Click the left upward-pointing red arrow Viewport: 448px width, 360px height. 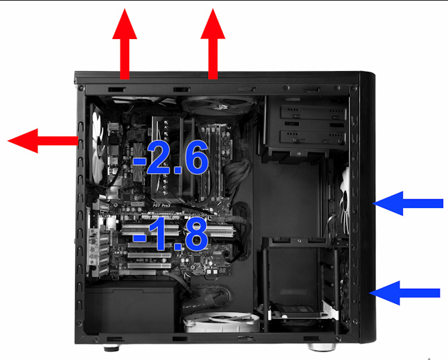click(124, 46)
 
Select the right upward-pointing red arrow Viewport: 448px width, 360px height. click(213, 46)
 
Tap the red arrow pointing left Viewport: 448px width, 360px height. click(43, 141)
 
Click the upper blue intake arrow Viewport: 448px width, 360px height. click(408, 203)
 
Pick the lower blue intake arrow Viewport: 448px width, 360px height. click(404, 293)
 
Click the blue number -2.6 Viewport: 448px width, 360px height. click(170, 157)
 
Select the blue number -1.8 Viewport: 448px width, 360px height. click(170, 233)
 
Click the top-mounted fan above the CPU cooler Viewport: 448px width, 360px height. click(219, 105)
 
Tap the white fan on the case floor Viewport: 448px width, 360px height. click(222, 322)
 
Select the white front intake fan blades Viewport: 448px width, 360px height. click(345, 200)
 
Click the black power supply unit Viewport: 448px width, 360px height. click(130, 307)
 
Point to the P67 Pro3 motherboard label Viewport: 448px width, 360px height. click(161, 205)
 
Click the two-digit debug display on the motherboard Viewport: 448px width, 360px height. click(222, 270)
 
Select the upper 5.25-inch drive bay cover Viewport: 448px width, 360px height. click(313, 113)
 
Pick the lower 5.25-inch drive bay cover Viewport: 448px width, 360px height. click(313, 138)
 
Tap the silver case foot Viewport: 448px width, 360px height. click(321, 347)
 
